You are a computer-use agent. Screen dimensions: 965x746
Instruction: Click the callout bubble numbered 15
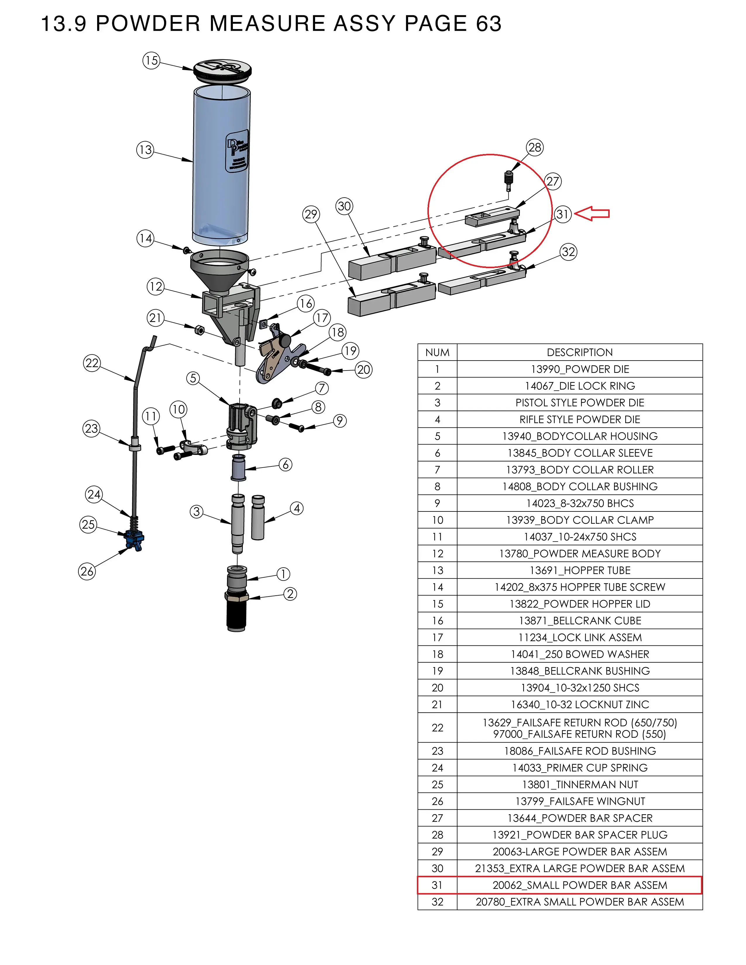[x=151, y=61]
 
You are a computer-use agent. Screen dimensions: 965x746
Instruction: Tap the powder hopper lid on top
[x=222, y=70]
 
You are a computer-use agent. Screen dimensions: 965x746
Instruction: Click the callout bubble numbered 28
[x=535, y=148]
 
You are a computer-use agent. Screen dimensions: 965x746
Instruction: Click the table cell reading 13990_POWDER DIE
[x=579, y=369]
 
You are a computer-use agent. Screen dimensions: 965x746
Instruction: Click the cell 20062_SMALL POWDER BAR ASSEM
[x=579, y=885]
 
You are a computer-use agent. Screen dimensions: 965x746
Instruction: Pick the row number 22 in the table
[x=437, y=728]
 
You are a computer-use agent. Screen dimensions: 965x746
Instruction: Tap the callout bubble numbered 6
[x=286, y=465]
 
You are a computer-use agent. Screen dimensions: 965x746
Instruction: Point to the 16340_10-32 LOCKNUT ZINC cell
[x=579, y=705]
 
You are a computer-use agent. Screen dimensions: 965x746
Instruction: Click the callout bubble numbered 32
[x=568, y=252]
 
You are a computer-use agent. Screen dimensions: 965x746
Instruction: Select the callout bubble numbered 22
[x=92, y=363]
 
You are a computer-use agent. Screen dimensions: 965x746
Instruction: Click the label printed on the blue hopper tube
[x=237, y=151]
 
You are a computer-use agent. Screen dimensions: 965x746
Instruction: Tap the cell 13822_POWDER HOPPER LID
[x=579, y=604]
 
